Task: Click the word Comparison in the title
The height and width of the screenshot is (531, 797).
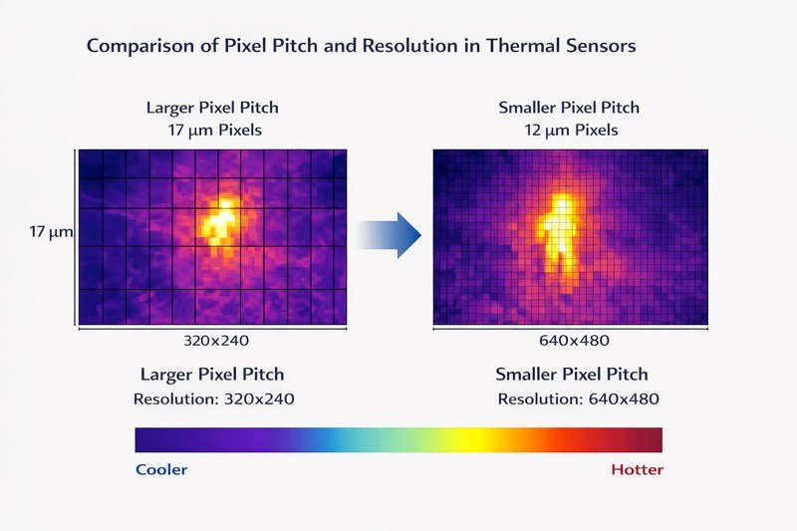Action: (x=134, y=46)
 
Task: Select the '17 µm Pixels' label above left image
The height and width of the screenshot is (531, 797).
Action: (x=213, y=130)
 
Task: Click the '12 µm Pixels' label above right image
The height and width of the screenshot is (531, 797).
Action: (x=571, y=130)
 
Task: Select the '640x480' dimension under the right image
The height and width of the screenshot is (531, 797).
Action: (x=571, y=340)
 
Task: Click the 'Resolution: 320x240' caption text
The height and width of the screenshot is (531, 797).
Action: (x=213, y=398)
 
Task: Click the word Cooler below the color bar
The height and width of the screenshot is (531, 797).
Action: (x=160, y=469)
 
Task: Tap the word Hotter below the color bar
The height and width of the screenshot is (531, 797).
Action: (x=637, y=469)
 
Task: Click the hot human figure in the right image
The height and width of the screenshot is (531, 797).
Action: (x=560, y=229)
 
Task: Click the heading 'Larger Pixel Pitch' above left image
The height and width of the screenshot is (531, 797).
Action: (x=213, y=108)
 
